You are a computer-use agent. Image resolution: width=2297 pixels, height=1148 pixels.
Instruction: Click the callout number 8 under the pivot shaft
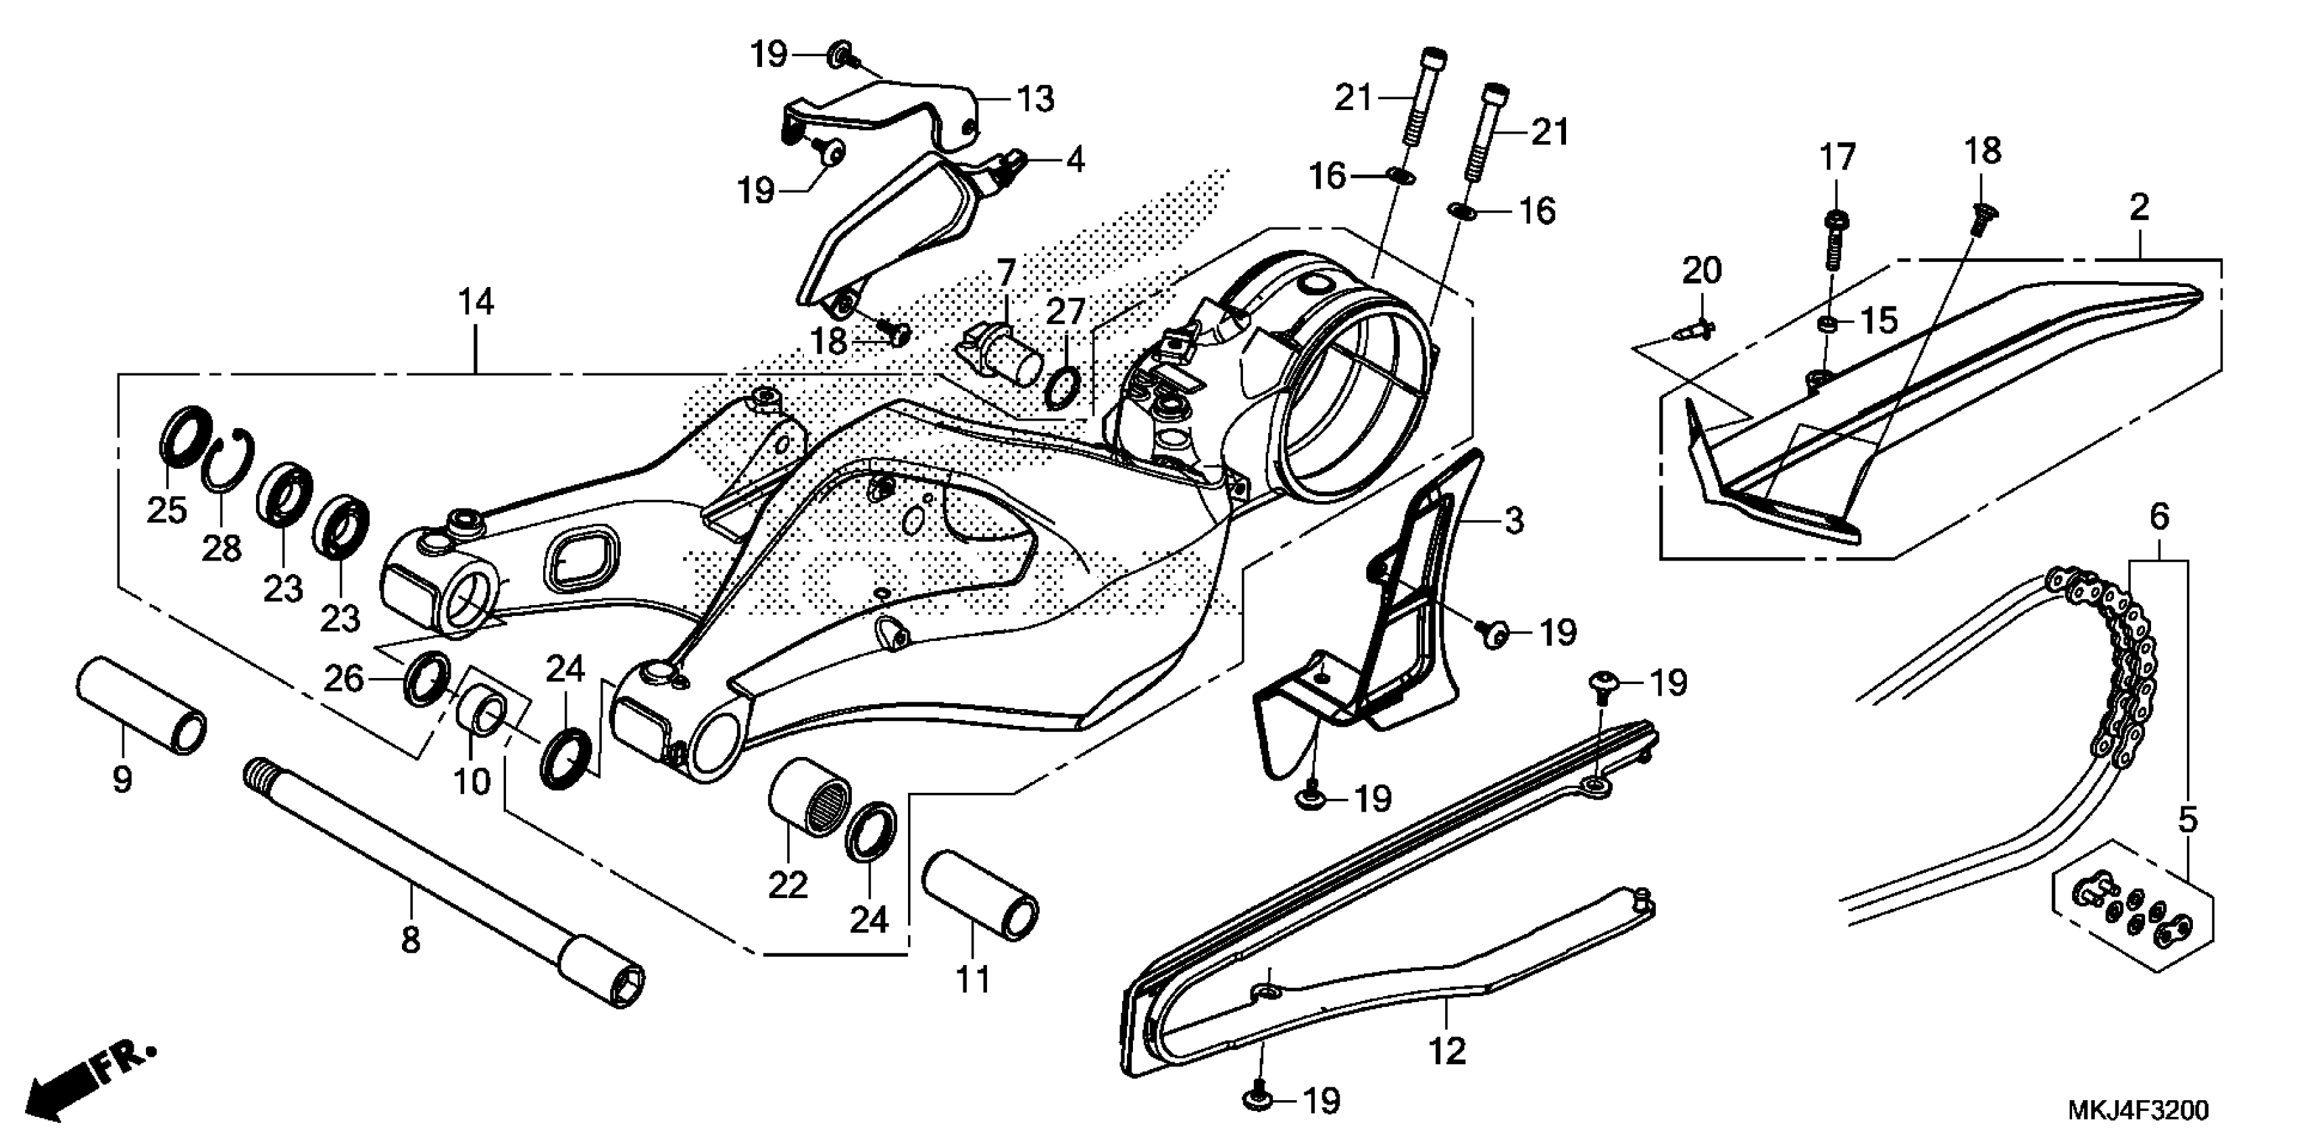[410, 939]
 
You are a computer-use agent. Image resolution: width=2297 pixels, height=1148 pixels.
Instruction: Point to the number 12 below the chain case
[1446, 1051]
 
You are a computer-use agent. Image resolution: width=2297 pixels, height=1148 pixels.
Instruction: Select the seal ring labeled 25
[186, 436]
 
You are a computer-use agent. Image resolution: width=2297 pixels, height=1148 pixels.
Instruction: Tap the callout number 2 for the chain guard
[2138, 209]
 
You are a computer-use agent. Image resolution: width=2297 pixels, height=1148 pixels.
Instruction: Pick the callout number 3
[1513, 521]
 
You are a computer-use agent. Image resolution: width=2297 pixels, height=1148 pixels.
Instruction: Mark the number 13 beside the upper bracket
[1035, 100]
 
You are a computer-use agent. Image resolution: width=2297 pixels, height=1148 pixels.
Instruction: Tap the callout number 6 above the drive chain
[2158, 516]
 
